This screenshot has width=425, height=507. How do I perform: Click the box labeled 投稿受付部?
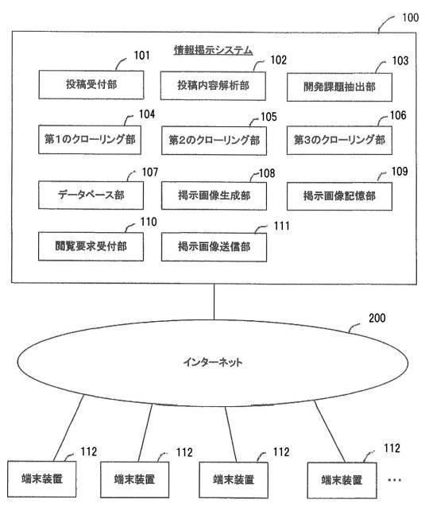91,85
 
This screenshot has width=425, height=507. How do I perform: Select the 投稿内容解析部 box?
213,86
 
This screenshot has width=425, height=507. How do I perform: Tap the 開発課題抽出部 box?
339,87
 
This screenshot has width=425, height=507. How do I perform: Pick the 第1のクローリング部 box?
90,139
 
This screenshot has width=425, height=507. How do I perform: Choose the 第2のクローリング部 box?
214,141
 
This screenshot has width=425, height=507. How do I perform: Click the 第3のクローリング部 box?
339,140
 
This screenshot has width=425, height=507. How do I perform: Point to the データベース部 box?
91,195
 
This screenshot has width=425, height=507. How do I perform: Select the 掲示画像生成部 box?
214,196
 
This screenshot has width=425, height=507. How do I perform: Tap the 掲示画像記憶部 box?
339,196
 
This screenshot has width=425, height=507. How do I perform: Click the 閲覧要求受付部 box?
91,246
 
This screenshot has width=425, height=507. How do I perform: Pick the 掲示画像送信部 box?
214,247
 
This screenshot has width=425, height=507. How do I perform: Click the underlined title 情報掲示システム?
214,50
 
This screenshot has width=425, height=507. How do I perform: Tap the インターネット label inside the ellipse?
213,362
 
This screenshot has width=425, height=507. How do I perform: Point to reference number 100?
410,17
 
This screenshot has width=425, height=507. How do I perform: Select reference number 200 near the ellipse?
377,318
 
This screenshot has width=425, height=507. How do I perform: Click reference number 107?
150,172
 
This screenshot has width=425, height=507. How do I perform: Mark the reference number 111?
281,226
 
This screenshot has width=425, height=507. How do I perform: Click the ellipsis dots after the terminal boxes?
394,480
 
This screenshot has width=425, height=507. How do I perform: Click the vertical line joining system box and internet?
214,302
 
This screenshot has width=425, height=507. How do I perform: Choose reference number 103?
400,60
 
